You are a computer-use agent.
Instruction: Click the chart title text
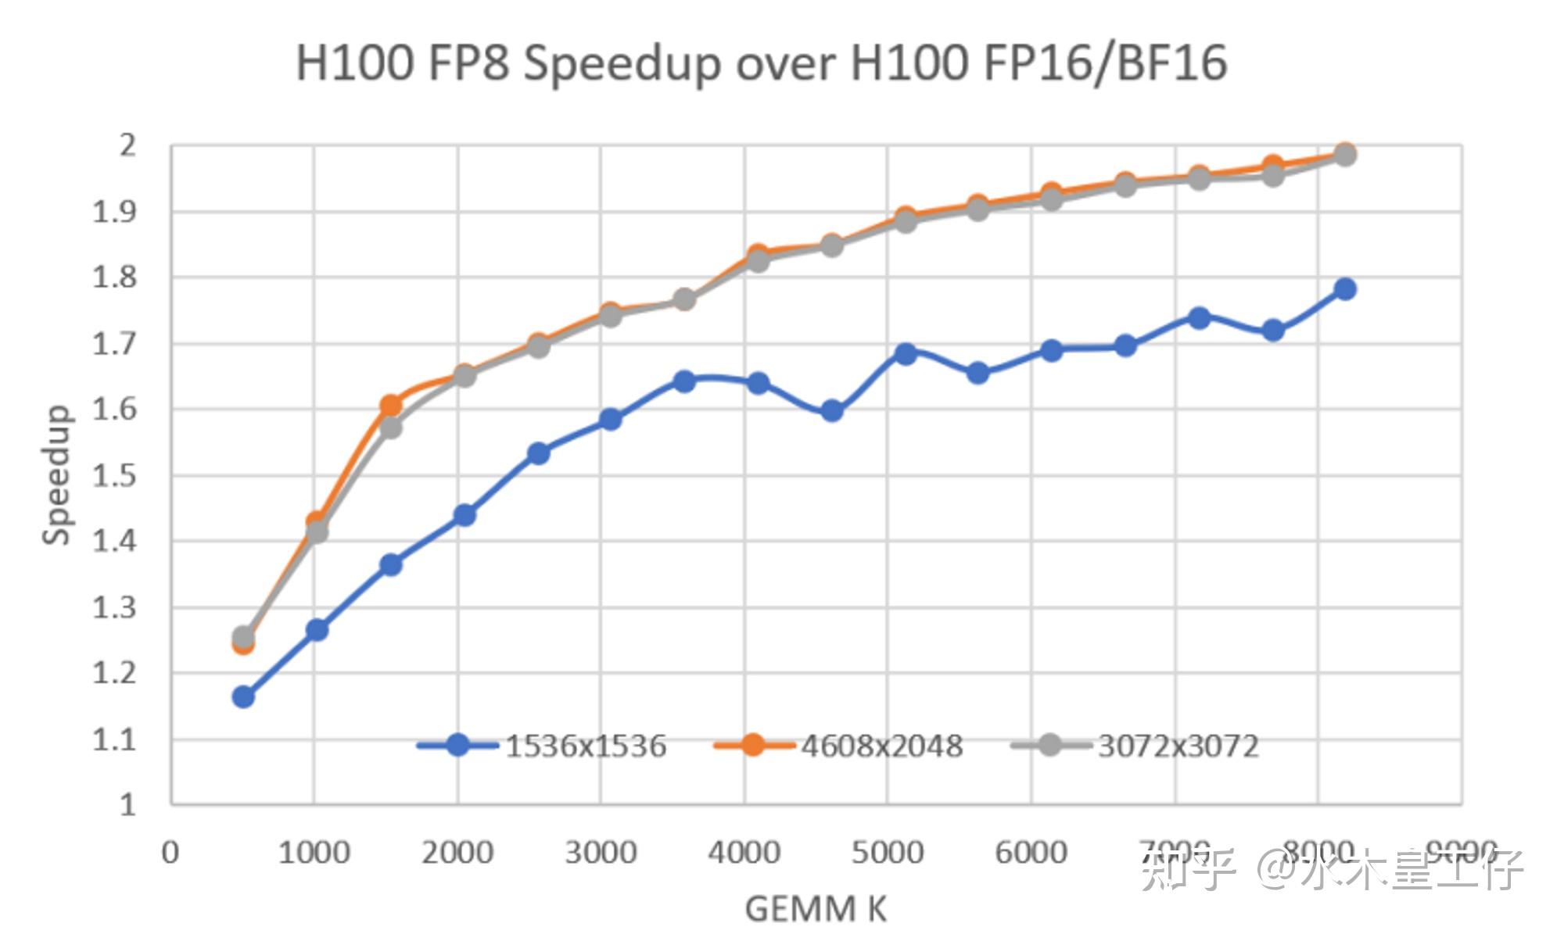tap(761, 63)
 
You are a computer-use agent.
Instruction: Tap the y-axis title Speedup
tap(56, 474)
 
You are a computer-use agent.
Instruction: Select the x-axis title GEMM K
tap(815, 909)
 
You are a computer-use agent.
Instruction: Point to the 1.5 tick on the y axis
tap(115, 475)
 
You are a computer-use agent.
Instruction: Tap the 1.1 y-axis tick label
tap(115, 739)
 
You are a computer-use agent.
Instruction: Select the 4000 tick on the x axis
tap(744, 852)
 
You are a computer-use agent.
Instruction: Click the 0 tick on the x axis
tap(170, 852)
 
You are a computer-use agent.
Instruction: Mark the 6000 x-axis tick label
tap(1031, 852)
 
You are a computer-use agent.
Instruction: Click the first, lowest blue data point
tap(243, 696)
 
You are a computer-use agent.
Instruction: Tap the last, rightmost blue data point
tap(1345, 289)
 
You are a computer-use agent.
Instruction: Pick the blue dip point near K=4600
tap(832, 411)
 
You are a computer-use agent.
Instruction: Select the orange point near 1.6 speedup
tap(391, 405)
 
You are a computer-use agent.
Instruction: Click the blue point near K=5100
tap(906, 353)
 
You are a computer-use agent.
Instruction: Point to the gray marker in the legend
tap(1050, 745)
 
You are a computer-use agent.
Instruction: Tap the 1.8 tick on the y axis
tap(115, 277)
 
